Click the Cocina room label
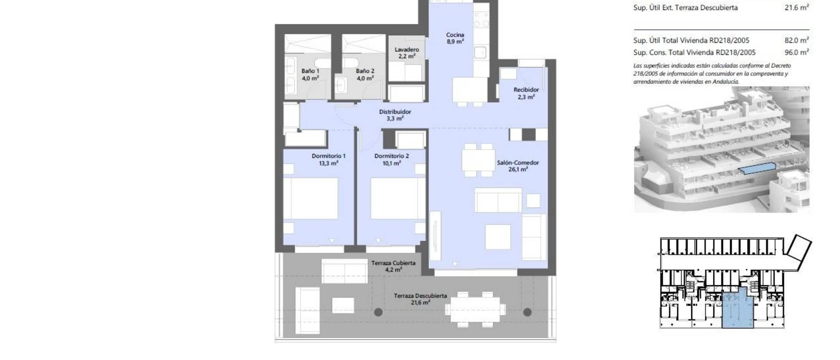(455, 38)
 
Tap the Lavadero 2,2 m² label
(407, 53)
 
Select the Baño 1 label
(310, 75)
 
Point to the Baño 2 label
(365, 75)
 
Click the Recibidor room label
(526, 93)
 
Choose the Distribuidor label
(395, 115)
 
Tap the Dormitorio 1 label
(329, 160)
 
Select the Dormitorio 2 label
(392, 160)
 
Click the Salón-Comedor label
(518, 166)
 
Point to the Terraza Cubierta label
(393, 266)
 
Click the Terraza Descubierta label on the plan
(420, 299)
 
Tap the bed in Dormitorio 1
(310, 198)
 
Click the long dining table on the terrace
(475, 310)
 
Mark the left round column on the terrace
(378, 312)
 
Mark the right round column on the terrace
(527, 312)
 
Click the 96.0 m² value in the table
(797, 52)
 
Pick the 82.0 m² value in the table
(797, 40)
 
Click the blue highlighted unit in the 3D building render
(757, 168)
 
